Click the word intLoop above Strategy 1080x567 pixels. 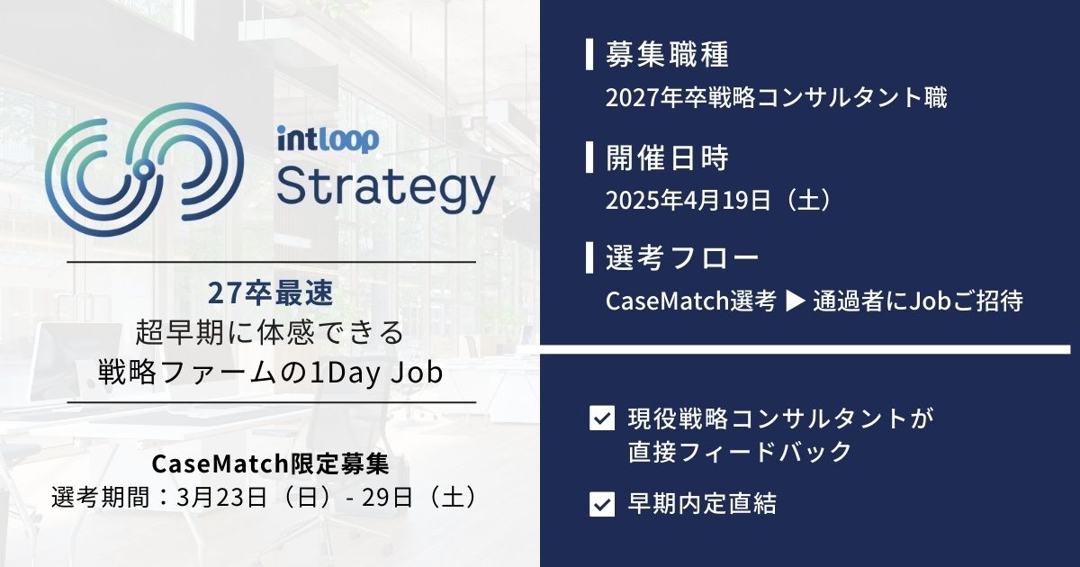328,139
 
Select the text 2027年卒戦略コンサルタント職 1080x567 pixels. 777,97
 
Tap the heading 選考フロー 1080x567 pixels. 682,259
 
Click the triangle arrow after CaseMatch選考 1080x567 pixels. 795,301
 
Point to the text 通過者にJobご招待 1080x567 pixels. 917,301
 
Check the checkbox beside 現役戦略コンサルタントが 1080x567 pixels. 600,419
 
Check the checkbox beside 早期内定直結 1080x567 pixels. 600,504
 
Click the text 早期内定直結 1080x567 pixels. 701,504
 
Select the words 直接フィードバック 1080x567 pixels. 739,452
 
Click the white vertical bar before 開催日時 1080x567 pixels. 589,158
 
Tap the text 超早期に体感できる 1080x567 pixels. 270,333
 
